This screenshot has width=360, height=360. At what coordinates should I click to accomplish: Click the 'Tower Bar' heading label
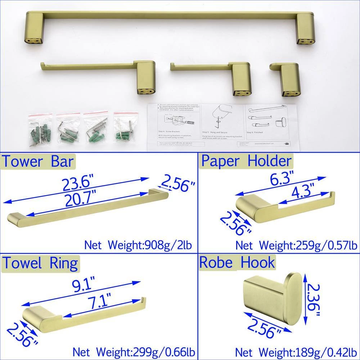pyautogui.click(x=39, y=162)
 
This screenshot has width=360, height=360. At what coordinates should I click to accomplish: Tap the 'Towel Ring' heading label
pyautogui.click(x=40, y=264)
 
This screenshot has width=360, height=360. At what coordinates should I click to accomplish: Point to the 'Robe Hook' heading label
pyautogui.click(x=237, y=262)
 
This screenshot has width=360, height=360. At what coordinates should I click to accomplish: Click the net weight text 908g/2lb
pyautogui.click(x=138, y=246)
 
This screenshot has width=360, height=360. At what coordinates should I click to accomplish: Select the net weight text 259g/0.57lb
pyautogui.click(x=296, y=246)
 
